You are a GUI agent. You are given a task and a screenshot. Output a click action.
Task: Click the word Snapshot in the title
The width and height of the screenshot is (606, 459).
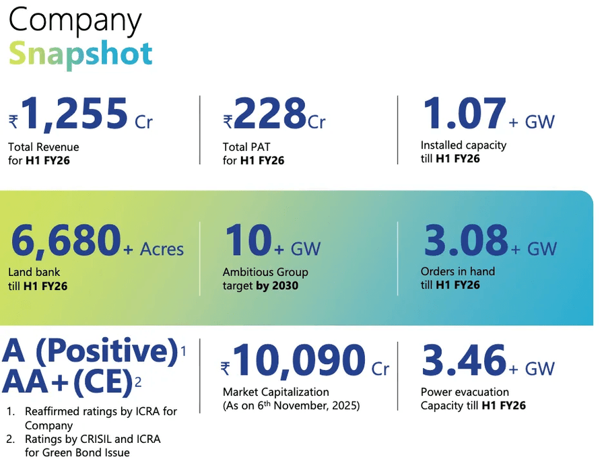click(81, 53)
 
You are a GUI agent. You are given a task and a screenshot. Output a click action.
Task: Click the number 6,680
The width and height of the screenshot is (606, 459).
click(65, 240)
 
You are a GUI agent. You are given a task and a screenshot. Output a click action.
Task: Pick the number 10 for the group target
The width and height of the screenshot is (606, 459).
click(247, 240)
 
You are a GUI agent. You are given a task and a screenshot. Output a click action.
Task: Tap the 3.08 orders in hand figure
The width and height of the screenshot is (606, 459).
click(465, 240)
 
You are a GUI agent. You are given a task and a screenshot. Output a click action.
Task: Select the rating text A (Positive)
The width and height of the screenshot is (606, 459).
click(90, 352)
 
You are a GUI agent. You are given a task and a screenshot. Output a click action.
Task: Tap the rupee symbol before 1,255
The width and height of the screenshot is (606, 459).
click(13, 122)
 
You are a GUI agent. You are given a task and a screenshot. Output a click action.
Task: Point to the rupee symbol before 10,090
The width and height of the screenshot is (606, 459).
click(226, 368)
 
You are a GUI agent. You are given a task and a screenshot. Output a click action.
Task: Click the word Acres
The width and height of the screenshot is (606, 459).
click(162, 249)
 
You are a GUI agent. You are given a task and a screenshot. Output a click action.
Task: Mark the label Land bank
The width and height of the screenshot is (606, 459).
click(34, 273)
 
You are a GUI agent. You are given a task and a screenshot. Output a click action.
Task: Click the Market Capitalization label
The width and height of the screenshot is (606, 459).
click(276, 392)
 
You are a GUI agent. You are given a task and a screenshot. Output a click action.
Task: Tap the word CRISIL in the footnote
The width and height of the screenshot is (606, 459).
click(89, 439)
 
